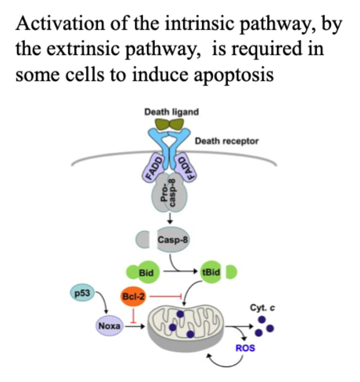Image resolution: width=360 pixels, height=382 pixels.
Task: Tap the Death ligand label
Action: pos(171,112)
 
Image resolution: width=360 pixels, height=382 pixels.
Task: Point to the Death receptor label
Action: pos(227,141)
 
